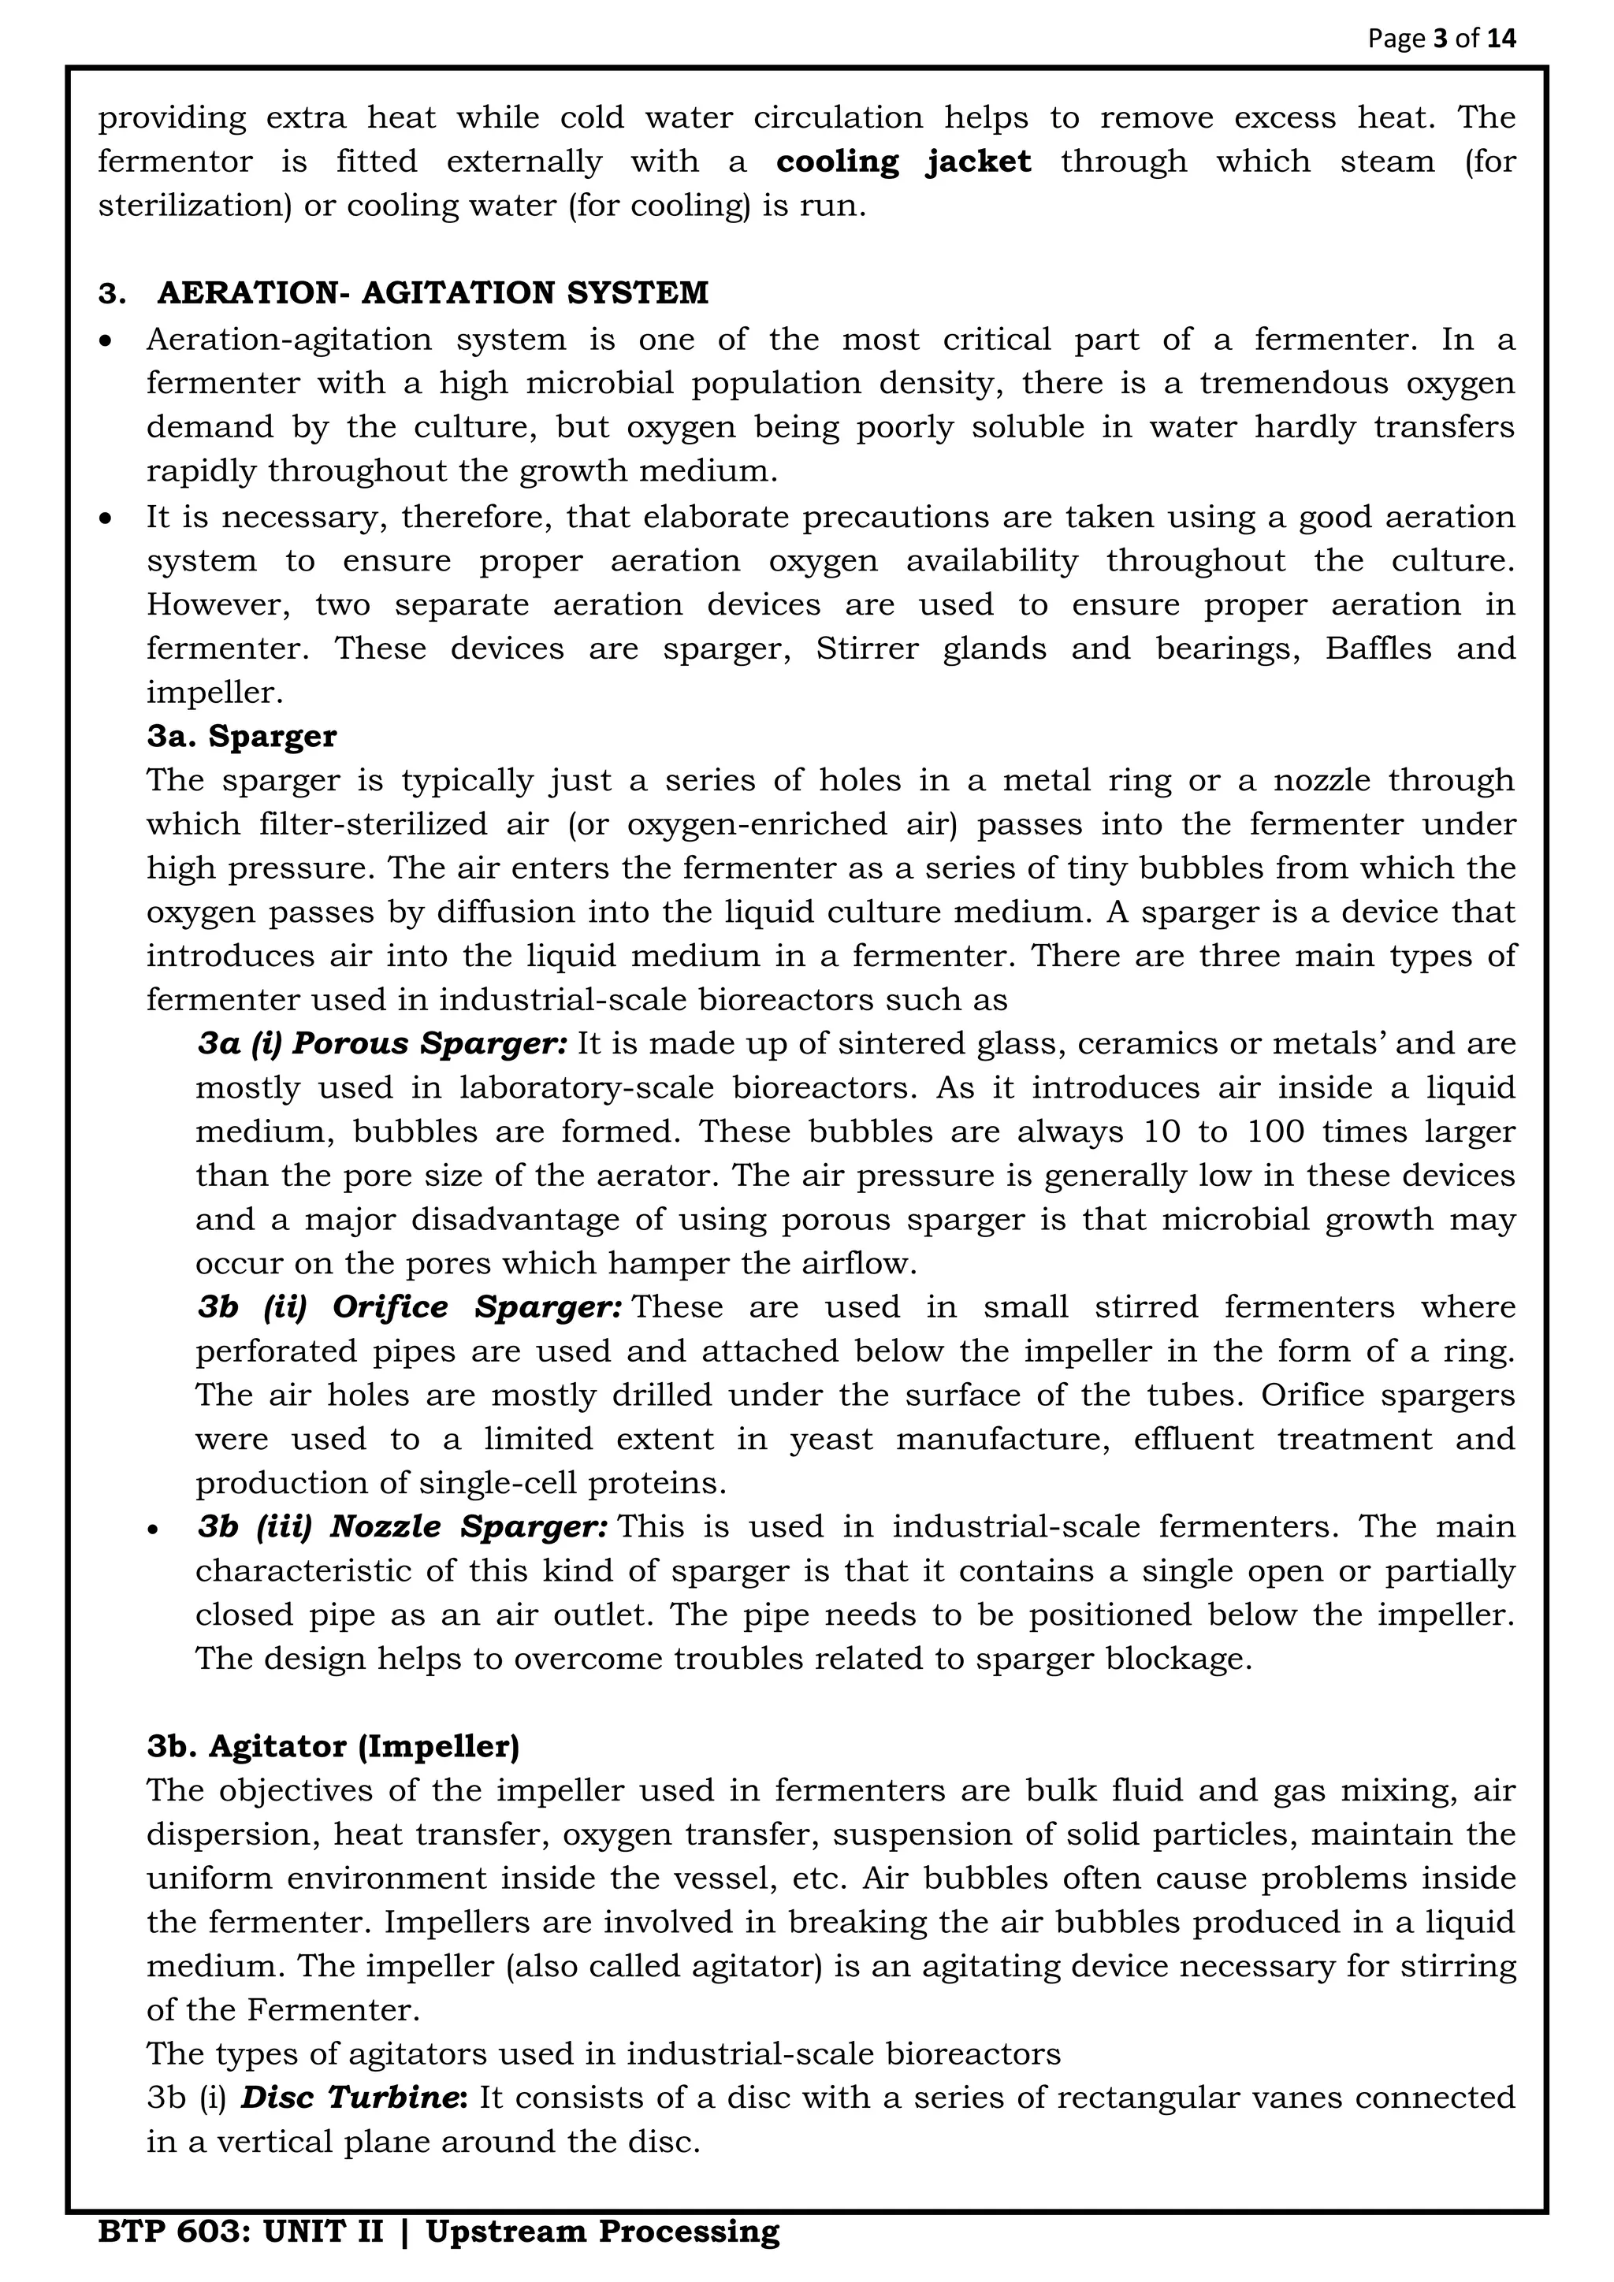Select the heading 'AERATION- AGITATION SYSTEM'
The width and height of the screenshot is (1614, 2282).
tap(433, 293)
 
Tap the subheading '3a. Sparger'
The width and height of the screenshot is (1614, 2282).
tap(241, 737)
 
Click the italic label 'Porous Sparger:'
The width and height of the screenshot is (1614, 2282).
tap(430, 1043)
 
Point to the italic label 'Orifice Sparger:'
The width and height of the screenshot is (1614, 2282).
tap(477, 1307)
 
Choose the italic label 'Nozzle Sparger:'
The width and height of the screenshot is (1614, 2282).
tap(468, 1526)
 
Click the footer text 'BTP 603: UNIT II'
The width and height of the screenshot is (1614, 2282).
tap(240, 2232)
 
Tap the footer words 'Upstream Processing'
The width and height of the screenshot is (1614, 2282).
tap(602, 2232)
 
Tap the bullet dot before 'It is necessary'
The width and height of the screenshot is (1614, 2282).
tap(106, 518)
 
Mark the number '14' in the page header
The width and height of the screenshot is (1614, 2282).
tap(1501, 39)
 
